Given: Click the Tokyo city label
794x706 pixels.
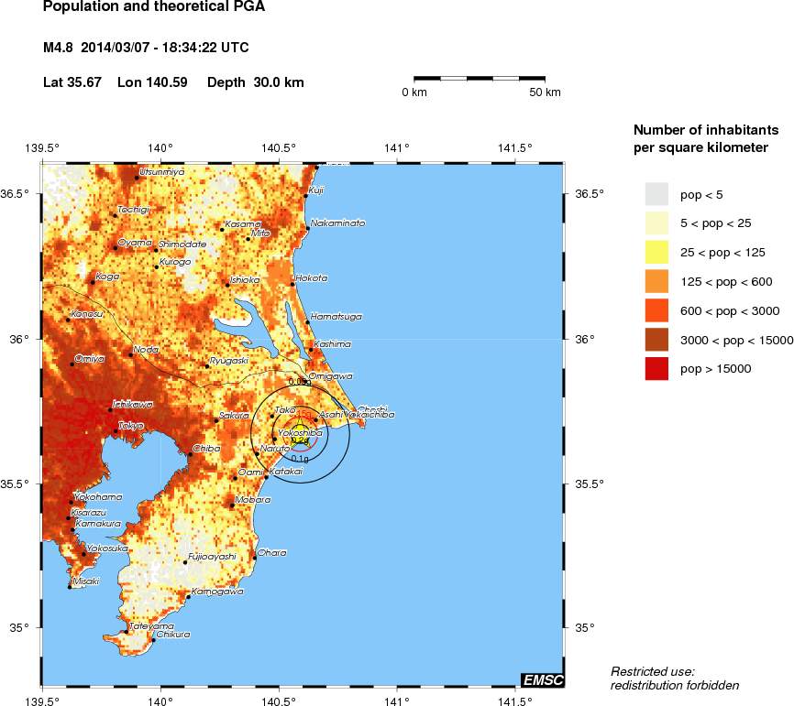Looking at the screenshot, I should [129, 425].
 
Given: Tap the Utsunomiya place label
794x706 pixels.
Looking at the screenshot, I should [161, 171].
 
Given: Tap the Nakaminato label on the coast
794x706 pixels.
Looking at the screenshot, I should [337, 223].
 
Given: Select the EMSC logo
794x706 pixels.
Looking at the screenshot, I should [543, 679].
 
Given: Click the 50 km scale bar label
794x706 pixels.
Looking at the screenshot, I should [545, 92].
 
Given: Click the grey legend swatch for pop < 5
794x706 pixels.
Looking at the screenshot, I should [656, 194].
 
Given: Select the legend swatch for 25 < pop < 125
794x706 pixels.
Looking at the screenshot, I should [656, 252].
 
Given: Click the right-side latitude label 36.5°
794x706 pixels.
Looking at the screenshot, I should [584, 193].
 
